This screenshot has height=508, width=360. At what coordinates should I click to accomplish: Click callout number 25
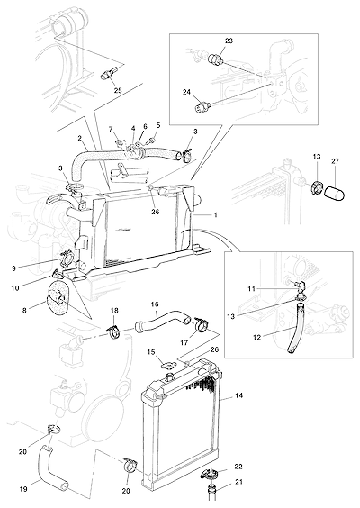click(118, 90)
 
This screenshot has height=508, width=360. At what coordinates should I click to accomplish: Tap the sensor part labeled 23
click(214, 59)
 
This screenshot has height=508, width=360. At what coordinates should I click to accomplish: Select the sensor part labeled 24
click(202, 106)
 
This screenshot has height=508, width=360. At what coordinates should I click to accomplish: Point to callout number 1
click(216, 214)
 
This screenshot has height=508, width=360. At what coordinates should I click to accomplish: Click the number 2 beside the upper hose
click(79, 138)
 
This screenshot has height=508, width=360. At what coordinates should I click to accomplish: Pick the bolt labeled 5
click(151, 141)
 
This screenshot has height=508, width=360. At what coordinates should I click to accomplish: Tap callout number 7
click(111, 129)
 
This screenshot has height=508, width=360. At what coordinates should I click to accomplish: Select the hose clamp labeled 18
click(113, 331)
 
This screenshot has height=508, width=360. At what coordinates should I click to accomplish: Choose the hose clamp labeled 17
click(202, 324)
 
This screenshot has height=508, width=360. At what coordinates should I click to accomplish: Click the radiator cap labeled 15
click(168, 365)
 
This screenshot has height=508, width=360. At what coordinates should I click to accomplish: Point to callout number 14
click(239, 395)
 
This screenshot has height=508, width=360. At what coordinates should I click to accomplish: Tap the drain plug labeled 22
click(209, 475)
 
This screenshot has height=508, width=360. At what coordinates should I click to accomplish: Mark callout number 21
click(239, 482)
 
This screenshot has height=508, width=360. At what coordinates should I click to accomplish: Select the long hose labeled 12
click(296, 327)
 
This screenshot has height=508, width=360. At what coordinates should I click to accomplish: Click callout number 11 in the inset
click(251, 288)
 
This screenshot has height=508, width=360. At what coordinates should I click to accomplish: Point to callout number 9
click(13, 268)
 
